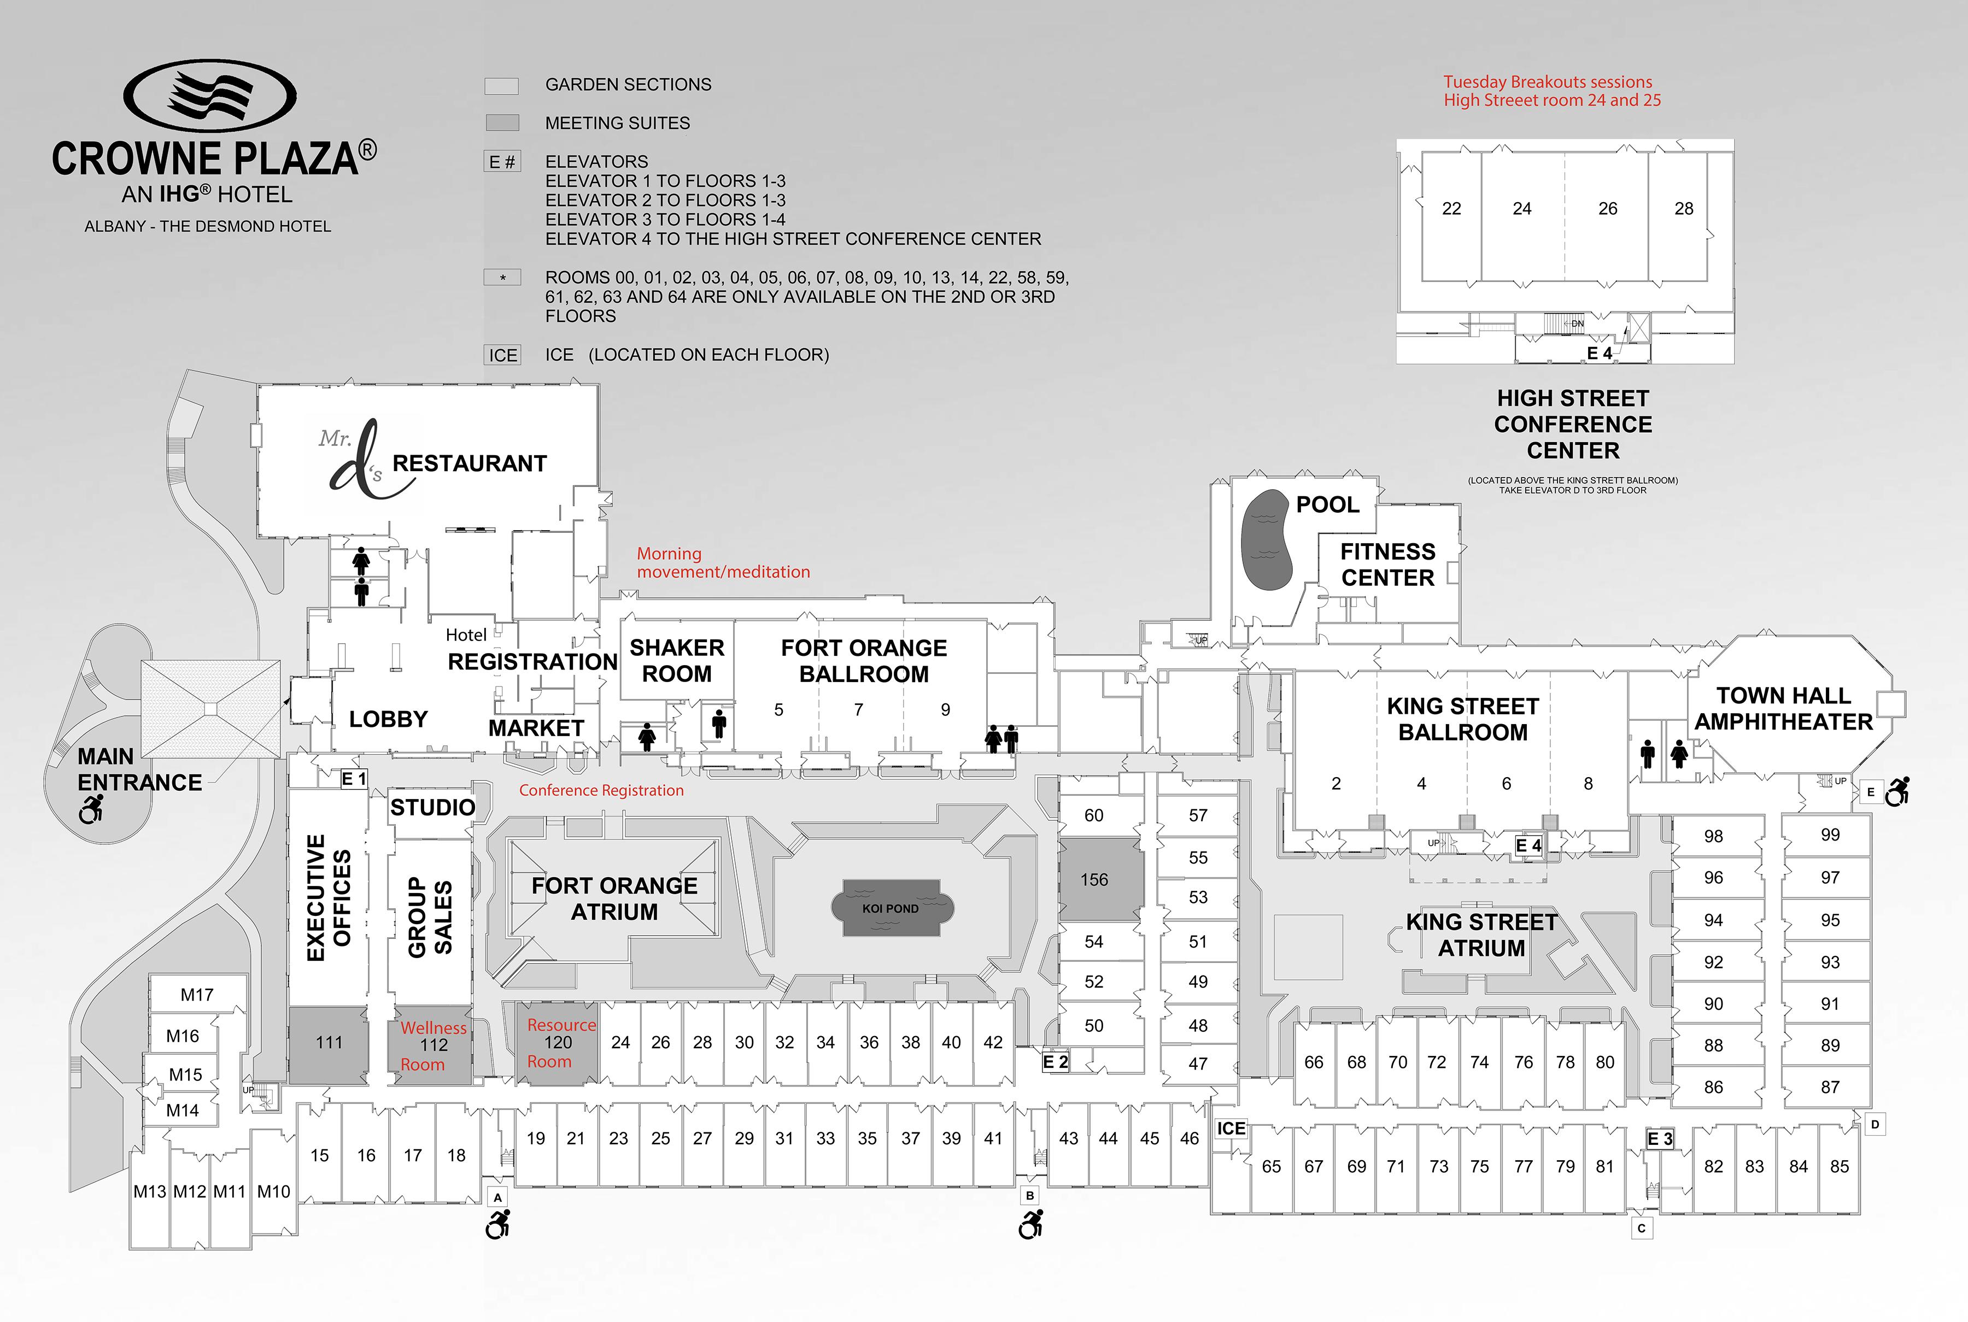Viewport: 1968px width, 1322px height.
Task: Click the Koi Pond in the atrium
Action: click(x=891, y=908)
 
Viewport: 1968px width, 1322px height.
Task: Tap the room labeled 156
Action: click(x=1094, y=879)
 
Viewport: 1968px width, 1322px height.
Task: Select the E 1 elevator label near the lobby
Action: click(x=353, y=779)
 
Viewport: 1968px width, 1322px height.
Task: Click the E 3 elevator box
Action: click(x=1659, y=1139)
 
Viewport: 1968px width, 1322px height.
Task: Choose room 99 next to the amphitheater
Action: click(x=1830, y=835)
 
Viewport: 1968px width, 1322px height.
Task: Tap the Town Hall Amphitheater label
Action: click(x=1783, y=708)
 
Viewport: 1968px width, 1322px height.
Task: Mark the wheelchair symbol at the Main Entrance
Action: click(x=91, y=809)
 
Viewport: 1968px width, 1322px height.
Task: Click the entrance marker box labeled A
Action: click(x=497, y=1197)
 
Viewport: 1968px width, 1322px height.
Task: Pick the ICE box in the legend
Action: click(x=502, y=355)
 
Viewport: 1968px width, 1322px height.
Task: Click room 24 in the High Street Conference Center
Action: click(x=1521, y=208)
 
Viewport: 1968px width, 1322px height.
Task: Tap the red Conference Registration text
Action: click(x=601, y=790)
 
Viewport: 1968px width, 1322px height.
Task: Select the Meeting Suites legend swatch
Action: click(x=502, y=123)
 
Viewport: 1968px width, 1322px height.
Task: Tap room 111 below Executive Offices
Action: click(x=329, y=1043)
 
